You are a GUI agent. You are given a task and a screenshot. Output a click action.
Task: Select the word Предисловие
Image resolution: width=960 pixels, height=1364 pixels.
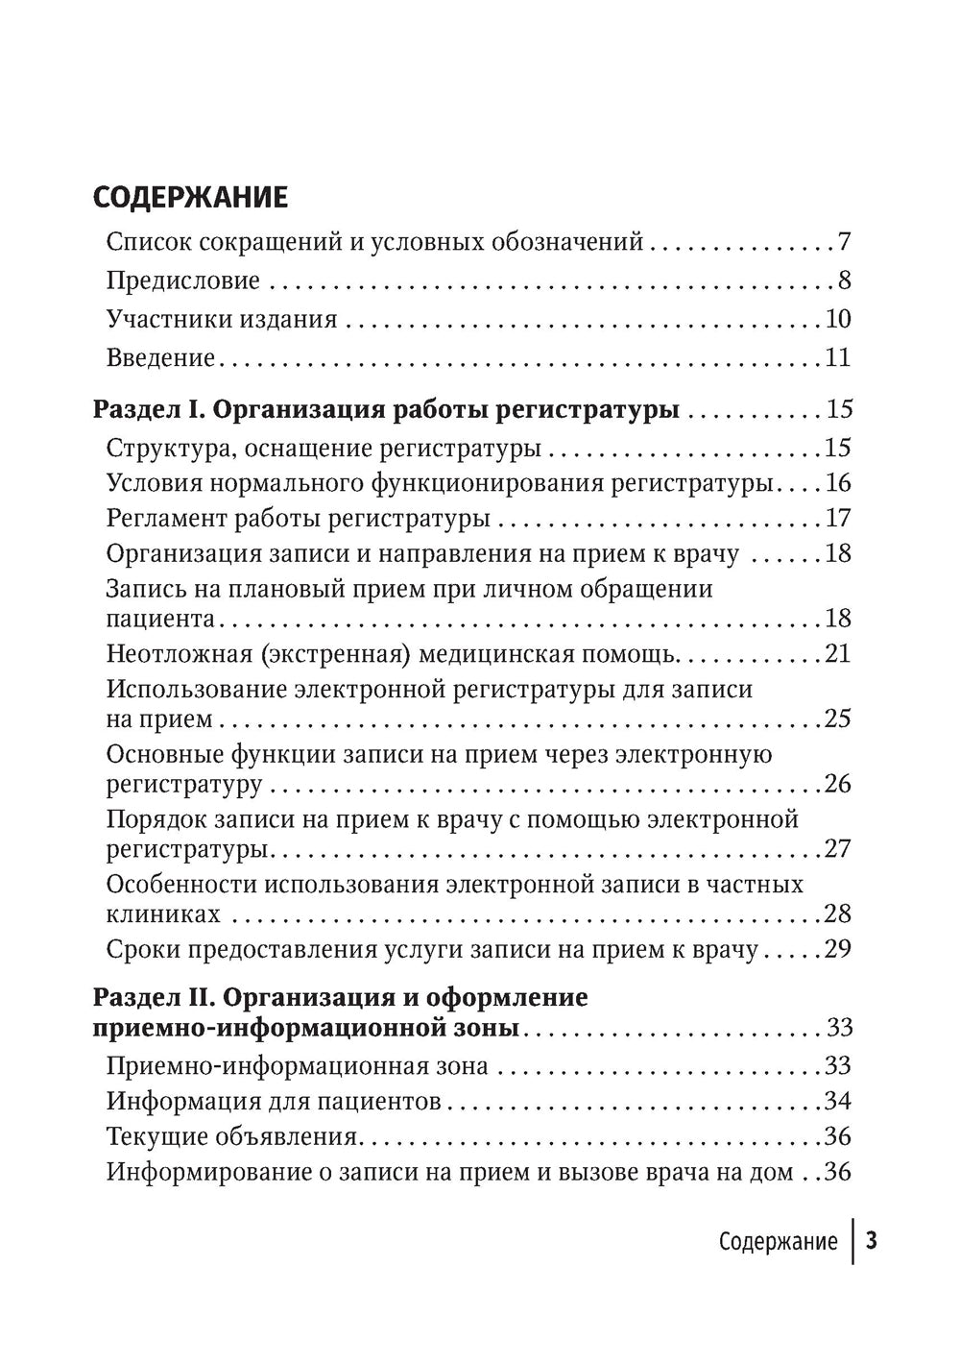(182, 281)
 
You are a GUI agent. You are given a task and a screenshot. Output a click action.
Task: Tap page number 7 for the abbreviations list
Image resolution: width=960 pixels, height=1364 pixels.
(844, 242)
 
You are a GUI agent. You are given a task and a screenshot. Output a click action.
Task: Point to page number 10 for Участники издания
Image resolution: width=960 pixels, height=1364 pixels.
(838, 320)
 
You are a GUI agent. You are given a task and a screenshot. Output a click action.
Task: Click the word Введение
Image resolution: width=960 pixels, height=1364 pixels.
(160, 358)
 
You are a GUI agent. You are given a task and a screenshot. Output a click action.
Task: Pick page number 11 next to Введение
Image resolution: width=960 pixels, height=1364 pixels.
(838, 358)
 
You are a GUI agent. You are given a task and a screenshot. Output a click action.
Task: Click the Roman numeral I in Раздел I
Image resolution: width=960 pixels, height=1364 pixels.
(191, 410)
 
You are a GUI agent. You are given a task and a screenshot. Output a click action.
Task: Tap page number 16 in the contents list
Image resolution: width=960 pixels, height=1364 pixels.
(838, 482)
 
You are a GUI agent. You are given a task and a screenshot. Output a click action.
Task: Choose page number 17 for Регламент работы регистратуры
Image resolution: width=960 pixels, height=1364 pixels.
(838, 520)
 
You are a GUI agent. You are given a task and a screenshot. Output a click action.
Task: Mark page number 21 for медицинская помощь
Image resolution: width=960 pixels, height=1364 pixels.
(838, 655)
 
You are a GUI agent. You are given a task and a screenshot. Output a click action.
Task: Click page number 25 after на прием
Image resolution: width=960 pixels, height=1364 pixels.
(838, 719)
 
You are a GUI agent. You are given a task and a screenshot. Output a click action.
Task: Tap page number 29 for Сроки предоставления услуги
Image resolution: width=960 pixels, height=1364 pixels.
(838, 951)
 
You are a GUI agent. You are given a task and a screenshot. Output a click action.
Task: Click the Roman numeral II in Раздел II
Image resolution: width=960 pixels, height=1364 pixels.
(196, 997)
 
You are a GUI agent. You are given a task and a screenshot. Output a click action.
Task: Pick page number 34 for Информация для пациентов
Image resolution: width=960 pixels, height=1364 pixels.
(838, 1101)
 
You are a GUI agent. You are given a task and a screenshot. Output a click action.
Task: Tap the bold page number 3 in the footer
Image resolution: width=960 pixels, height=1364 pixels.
(872, 1241)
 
